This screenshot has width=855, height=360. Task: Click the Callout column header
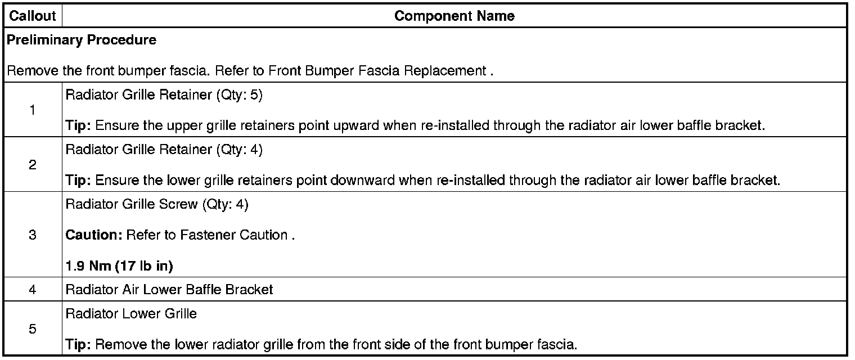33,16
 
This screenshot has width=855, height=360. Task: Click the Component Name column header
454,16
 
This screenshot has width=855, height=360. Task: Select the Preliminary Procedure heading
82,40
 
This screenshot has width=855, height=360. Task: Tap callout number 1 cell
33,110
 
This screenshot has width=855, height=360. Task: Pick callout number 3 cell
33,235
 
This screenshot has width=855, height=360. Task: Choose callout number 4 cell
33,290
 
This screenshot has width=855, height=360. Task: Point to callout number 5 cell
33,329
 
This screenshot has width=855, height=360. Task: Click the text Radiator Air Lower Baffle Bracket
169,290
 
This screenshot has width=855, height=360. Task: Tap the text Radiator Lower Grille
131,314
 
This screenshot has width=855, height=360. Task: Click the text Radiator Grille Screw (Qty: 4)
157,204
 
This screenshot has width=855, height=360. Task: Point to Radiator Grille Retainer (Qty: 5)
164,95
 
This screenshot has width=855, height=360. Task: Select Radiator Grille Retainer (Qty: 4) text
164,150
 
